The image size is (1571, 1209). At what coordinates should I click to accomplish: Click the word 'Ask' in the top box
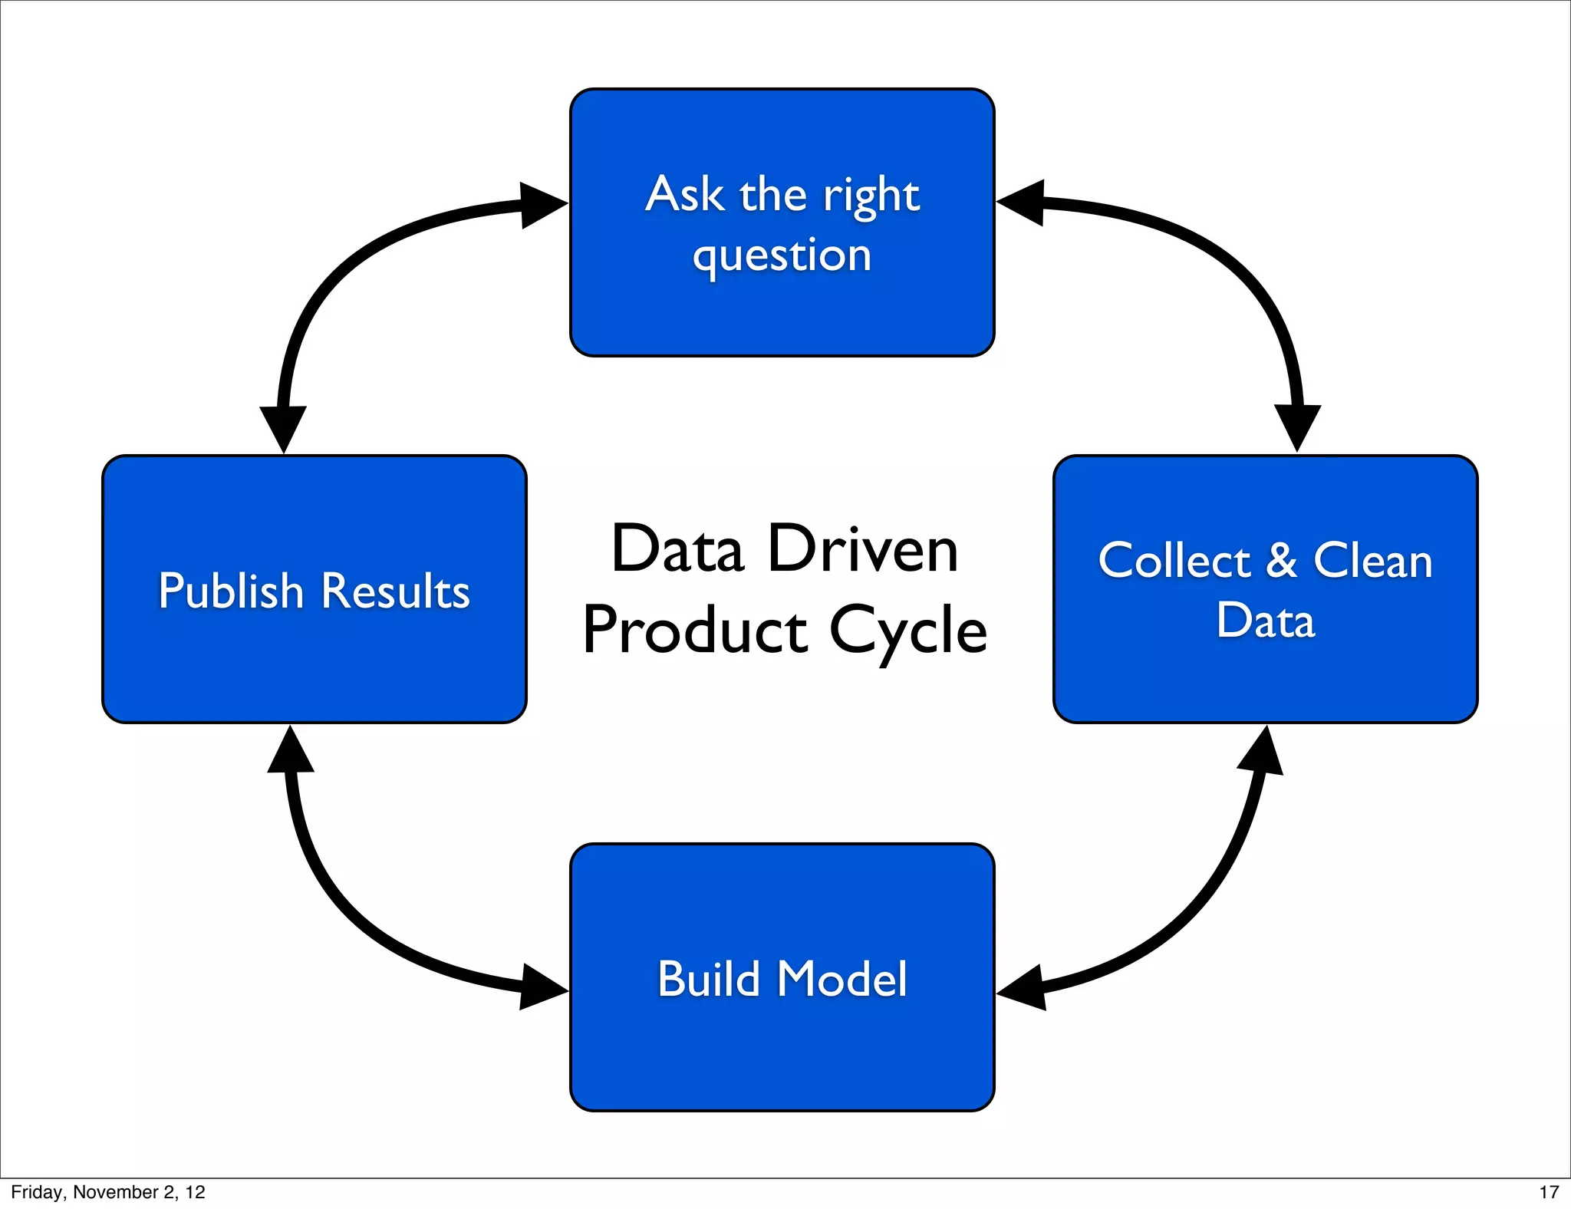684,194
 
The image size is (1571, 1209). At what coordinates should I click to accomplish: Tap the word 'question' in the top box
782,255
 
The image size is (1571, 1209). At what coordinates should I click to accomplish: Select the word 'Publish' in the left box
231,591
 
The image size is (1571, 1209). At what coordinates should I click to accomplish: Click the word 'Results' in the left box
395,591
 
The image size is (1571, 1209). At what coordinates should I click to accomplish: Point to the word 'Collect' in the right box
1174,561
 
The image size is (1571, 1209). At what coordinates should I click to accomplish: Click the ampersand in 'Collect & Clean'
1282,561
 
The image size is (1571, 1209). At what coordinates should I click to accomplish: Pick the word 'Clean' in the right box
1373,561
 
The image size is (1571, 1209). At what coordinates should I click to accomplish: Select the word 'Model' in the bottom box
842,980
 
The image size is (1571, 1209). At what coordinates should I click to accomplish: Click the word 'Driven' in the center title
863,549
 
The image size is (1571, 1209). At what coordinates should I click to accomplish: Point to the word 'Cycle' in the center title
908,631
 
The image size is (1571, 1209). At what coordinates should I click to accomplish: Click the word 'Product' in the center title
695,631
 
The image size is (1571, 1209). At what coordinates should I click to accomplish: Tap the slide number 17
1549,1192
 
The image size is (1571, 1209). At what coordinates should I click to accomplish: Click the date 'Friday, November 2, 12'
108,1192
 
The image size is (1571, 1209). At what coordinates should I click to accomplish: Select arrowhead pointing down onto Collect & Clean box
1297,426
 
